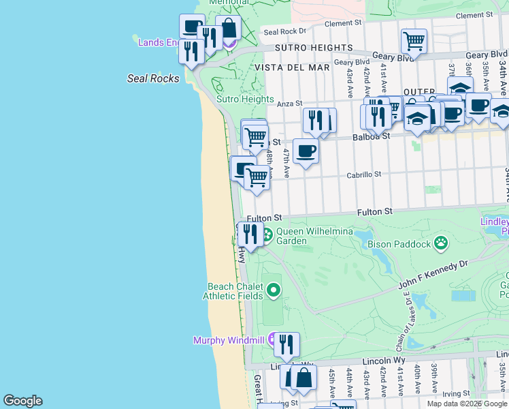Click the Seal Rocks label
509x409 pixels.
pyautogui.click(x=153, y=78)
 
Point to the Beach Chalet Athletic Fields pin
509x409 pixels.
pyautogui.click(x=274, y=290)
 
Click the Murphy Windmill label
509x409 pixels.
pyautogui.click(x=229, y=340)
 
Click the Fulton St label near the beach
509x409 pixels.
pyautogui.click(x=264, y=218)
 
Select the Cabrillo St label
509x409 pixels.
pyautogui.click(x=364, y=175)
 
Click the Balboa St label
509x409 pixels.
pyautogui.click(x=371, y=136)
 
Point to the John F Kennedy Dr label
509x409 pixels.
pyautogui.click(x=433, y=269)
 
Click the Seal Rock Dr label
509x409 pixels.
pyautogui.click(x=285, y=31)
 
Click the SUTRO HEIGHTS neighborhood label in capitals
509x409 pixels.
pyautogui.click(x=314, y=48)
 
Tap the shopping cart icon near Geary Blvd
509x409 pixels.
pyautogui.click(x=414, y=41)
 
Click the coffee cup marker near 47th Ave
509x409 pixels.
pyautogui.click(x=306, y=151)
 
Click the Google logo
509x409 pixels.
pyautogui.click(x=23, y=401)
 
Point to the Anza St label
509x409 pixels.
pyautogui.click(x=289, y=104)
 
